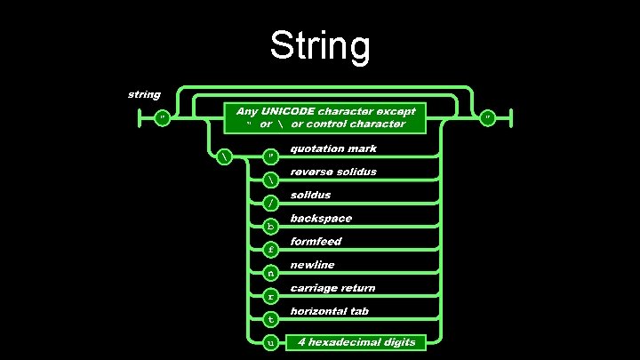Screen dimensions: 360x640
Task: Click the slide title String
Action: tap(319, 46)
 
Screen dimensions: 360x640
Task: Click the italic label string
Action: tap(144, 94)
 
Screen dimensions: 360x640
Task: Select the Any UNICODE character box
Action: tap(324, 117)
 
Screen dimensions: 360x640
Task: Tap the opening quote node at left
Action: tap(163, 117)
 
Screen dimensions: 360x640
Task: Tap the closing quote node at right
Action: tap(488, 117)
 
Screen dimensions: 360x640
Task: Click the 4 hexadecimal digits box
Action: tap(356, 341)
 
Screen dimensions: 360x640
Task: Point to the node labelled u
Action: tap(271, 341)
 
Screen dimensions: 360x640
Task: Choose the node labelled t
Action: tap(271, 318)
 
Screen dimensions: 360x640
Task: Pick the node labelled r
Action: tap(271, 295)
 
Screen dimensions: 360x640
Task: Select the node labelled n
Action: tap(271, 272)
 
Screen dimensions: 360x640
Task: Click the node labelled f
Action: tap(271, 250)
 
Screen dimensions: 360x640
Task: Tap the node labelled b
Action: tap(271, 227)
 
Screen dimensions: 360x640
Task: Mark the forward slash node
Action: tap(271, 204)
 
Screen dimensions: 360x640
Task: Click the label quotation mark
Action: tap(333, 148)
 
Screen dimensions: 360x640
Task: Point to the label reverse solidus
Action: tap(333, 172)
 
